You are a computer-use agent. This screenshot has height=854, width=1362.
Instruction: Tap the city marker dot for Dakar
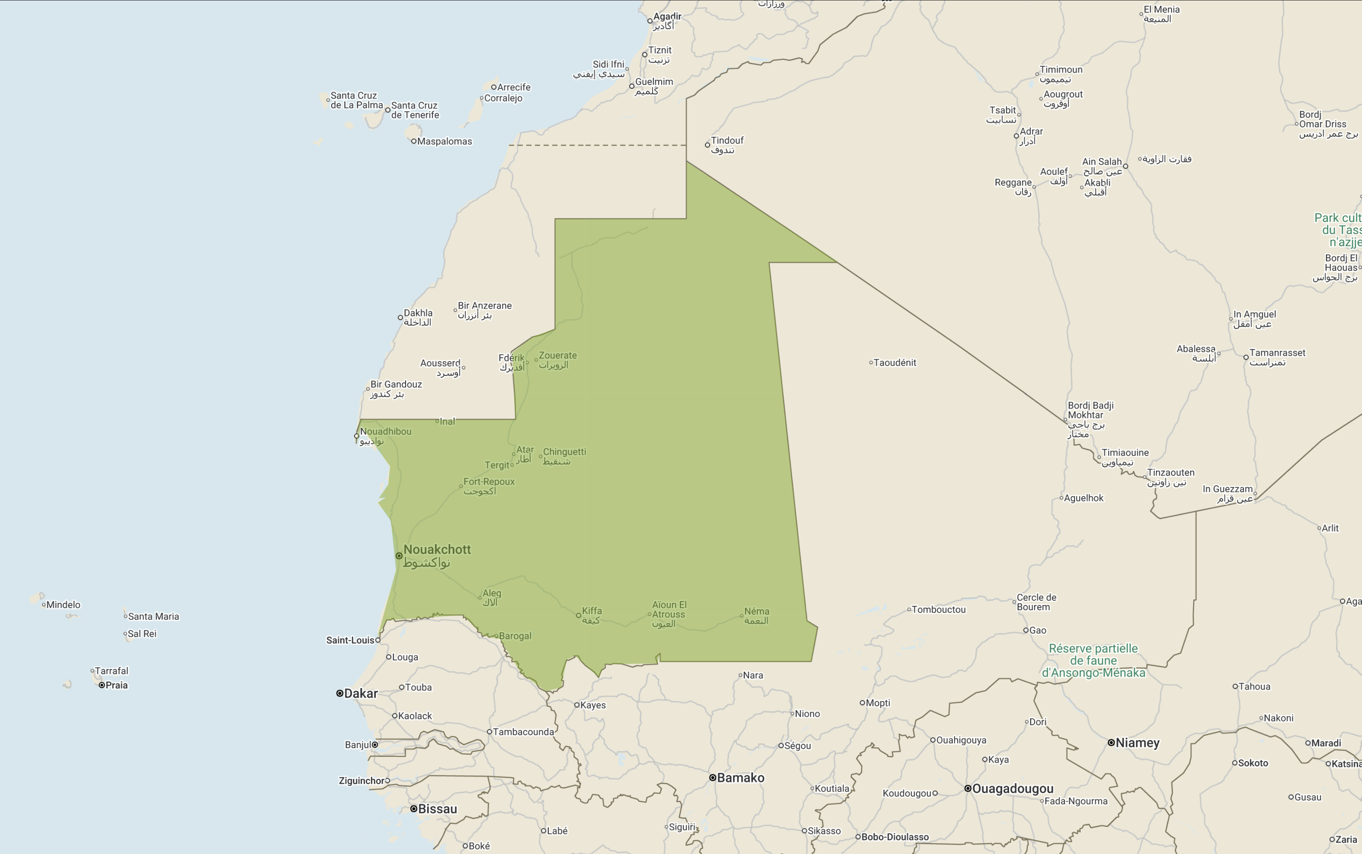tap(340, 693)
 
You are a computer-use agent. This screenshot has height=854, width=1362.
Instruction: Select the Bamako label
tap(740, 778)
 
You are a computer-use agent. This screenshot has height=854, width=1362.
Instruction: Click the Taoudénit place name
tap(895, 363)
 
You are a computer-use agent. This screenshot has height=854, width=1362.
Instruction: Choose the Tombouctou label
tap(939, 609)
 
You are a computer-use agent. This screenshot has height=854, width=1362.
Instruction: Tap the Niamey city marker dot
tap(1111, 743)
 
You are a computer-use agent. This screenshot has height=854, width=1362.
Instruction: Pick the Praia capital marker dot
tap(102, 685)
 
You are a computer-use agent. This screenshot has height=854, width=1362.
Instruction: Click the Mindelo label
tap(63, 604)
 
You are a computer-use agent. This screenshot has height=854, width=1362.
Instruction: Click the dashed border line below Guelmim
tap(597, 145)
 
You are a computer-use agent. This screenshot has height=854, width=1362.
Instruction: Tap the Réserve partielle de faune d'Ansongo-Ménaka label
tap(1093, 660)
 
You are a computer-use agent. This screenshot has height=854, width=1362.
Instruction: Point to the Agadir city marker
tap(650, 21)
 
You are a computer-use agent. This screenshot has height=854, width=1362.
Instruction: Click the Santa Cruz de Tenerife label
tap(415, 110)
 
